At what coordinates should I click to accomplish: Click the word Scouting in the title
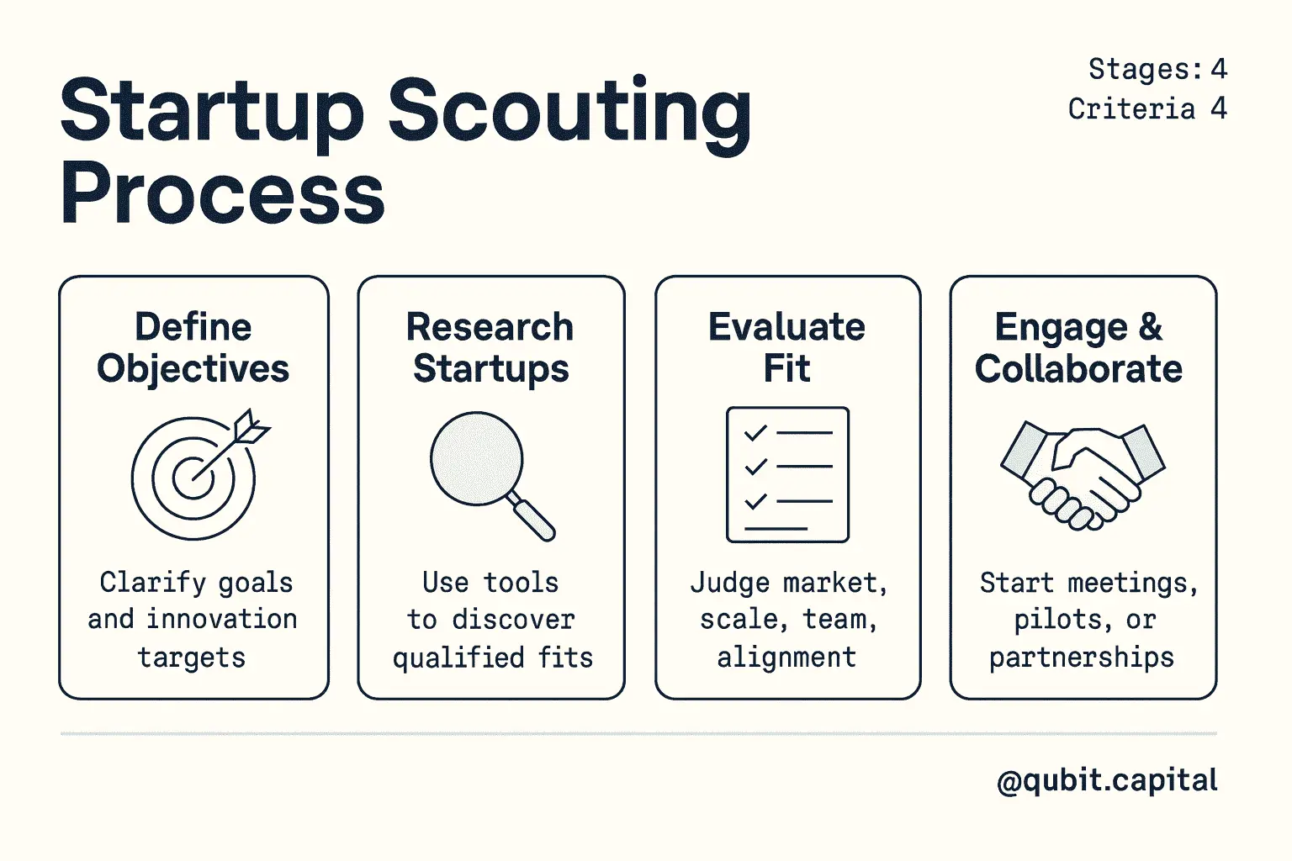coord(569,113)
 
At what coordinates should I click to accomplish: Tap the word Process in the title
coord(223,193)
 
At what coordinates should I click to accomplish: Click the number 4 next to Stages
coord(1218,69)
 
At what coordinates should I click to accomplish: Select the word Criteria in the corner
coord(1131,108)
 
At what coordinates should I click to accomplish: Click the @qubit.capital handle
coord(1107,781)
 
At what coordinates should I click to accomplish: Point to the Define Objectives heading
coord(193,347)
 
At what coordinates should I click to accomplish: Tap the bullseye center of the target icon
coord(193,478)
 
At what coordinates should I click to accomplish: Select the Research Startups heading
coord(490,347)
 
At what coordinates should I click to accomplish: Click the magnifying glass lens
coord(476,459)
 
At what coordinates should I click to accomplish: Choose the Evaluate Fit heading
coord(787,347)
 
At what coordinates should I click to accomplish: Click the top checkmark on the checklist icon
coord(755,432)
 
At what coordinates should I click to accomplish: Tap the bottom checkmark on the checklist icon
coord(755,501)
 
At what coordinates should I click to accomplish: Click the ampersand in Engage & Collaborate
coord(1150,327)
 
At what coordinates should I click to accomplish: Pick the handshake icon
coord(1083,476)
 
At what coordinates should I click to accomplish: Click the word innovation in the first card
coord(222,620)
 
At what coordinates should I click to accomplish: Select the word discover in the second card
coord(513,620)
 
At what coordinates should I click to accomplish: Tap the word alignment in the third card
coord(786,658)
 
